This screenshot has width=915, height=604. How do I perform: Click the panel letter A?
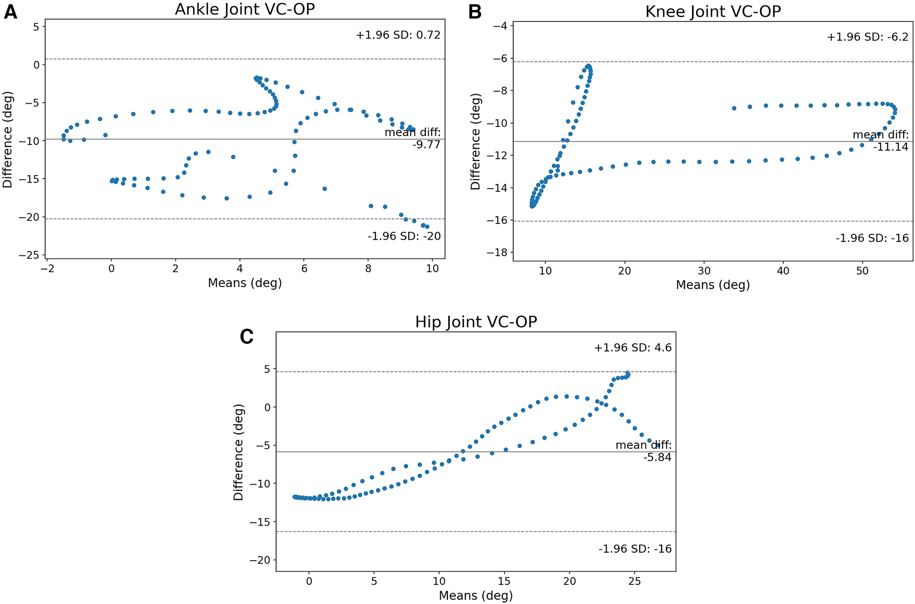(10, 11)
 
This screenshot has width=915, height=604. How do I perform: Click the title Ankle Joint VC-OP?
(245, 9)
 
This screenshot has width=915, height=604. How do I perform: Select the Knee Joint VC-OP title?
(713, 11)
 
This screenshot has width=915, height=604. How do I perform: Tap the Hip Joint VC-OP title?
(476, 322)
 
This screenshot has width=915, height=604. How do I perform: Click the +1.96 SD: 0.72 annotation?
(398, 35)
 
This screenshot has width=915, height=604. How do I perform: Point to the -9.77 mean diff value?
(426, 145)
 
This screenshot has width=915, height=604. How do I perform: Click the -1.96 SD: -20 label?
(404, 236)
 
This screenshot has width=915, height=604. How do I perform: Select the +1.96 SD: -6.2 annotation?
(867, 37)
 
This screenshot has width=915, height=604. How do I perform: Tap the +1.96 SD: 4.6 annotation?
(633, 348)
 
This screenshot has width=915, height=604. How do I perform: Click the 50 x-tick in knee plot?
(862, 271)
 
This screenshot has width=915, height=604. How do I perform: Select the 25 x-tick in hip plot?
(634, 581)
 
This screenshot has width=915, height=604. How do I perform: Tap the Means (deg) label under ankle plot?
(245, 283)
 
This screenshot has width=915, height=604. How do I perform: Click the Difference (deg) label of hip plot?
(238, 452)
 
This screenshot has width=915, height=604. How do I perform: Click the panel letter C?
(247, 337)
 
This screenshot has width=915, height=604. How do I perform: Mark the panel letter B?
(475, 12)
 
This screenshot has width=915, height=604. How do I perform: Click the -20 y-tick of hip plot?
(260, 560)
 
